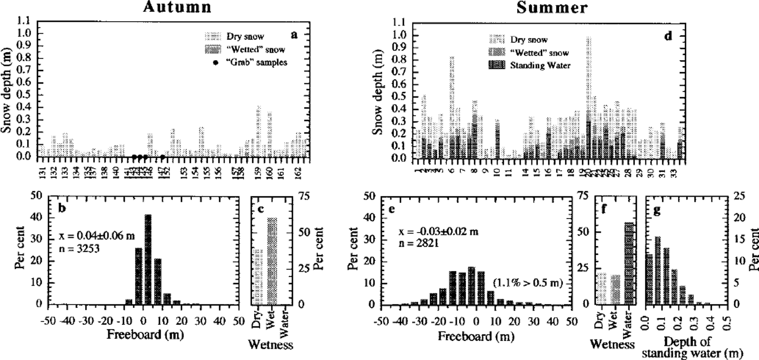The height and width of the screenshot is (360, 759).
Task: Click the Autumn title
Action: pos(173,7)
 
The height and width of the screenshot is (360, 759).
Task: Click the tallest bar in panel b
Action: pos(148,260)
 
